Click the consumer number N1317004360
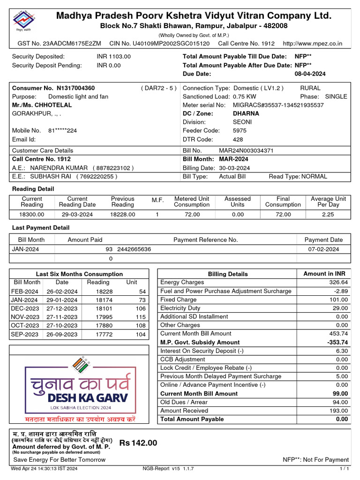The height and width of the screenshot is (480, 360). tap(75, 88)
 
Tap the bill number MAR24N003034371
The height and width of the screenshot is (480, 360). tap(246, 151)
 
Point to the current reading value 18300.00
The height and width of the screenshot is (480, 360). tap(32, 214)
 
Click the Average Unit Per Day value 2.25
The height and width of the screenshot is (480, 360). tap(328, 214)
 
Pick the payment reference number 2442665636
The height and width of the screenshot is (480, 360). tap(134, 249)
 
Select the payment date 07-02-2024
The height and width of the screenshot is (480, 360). tap(323, 249)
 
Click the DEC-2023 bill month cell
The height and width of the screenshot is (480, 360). tap(25, 308)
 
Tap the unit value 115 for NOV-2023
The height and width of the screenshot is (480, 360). tap(141, 317)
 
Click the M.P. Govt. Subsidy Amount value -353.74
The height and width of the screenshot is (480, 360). tap(336, 342)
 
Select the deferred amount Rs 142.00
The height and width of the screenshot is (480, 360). tap(138, 443)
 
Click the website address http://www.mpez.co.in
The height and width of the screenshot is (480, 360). tap(313, 44)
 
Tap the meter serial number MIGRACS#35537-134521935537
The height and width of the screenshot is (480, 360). tap(278, 105)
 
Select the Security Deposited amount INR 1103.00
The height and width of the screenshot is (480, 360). tap(114, 56)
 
